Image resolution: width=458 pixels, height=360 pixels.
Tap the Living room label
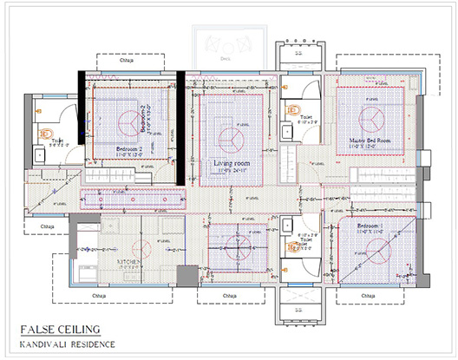point(232,163)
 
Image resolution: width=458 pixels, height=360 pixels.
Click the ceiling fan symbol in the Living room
point(232,138)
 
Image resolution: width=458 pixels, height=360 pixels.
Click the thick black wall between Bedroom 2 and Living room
point(180,128)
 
